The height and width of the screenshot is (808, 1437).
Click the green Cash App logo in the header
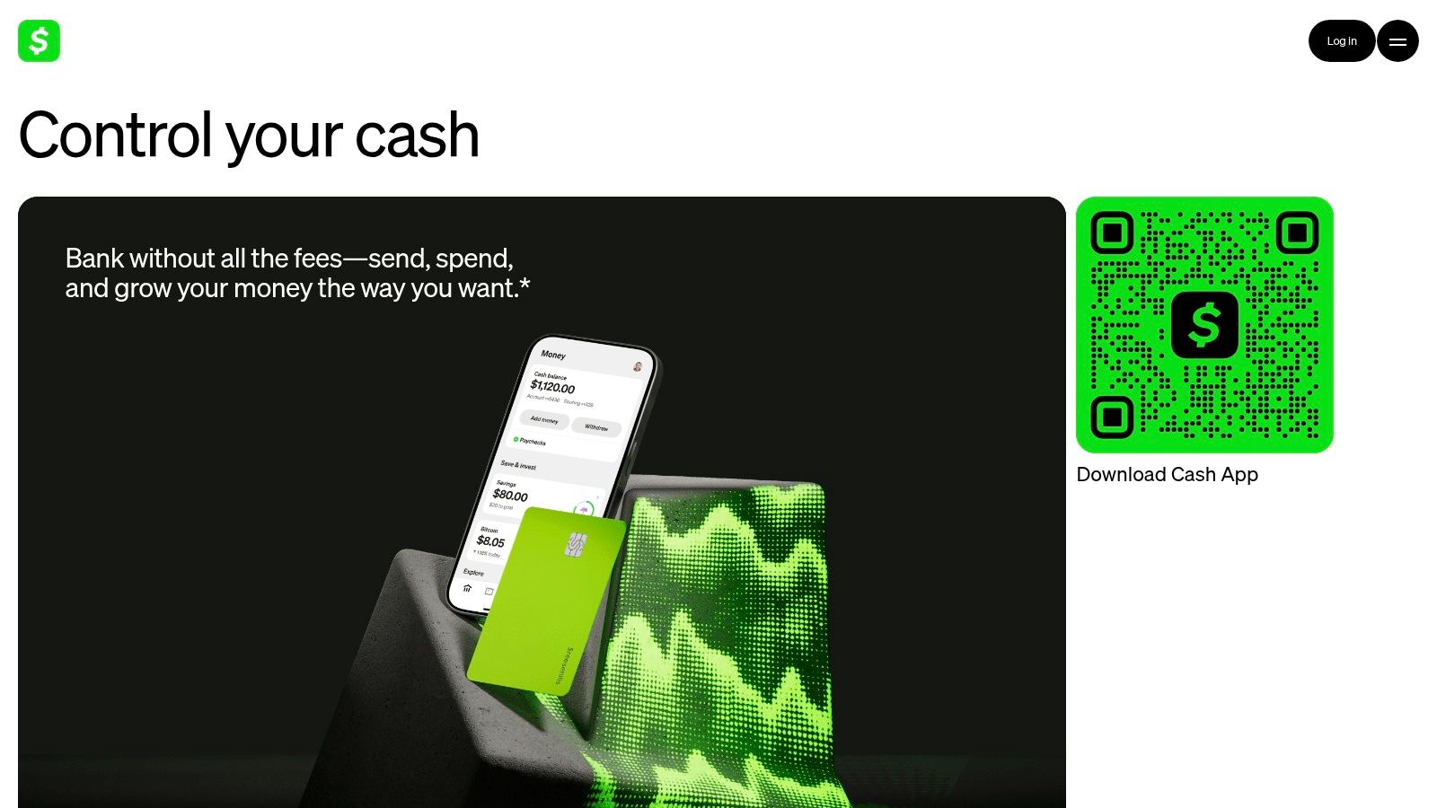coord(39,41)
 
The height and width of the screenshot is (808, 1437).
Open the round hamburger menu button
coord(1397,41)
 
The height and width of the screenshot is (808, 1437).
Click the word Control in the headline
coord(116,136)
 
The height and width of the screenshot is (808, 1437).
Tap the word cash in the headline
coord(417,136)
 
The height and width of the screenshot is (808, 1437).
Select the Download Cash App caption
coord(1167,475)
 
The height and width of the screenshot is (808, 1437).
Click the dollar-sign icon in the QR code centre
coord(1204,325)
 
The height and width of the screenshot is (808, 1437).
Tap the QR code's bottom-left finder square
coord(1112,417)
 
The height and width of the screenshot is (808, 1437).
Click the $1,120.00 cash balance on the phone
coord(552,387)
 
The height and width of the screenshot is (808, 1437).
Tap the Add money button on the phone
coord(543,419)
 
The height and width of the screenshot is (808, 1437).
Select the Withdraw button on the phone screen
coord(596,427)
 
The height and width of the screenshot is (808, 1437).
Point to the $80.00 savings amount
coord(510,495)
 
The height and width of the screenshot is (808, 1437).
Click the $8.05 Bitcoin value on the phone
coord(490,541)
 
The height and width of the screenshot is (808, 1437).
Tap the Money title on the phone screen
coord(553,355)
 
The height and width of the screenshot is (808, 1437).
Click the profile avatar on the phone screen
coord(638,366)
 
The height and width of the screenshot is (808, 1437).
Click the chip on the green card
coord(576,544)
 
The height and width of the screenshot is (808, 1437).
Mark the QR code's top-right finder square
coord(1297,233)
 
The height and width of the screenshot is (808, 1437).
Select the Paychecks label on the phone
coord(532,442)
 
